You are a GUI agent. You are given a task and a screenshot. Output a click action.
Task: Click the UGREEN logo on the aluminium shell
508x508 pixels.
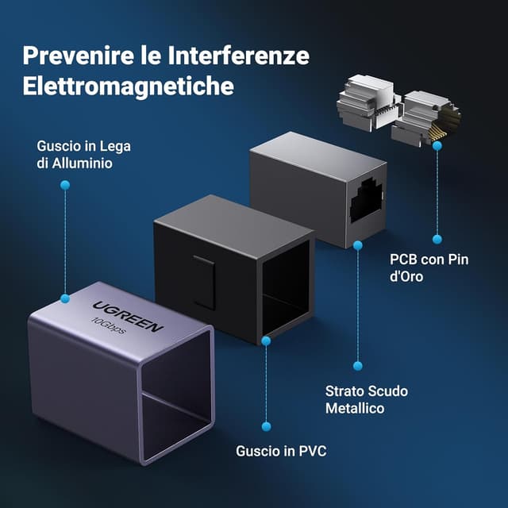coord(129,316)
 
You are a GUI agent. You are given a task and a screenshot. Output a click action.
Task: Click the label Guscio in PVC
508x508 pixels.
coord(281,451)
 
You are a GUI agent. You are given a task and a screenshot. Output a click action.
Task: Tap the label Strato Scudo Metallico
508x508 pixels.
coord(355,400)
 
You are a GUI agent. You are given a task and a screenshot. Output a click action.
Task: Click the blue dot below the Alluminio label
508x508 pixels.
coord(65,185)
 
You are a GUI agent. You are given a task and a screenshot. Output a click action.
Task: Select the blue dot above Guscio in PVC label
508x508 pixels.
coord(266,425)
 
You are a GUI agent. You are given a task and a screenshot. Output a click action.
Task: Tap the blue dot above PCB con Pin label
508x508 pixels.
coord(437,238)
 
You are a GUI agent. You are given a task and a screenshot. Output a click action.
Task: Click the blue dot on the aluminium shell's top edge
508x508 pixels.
coord(65,300)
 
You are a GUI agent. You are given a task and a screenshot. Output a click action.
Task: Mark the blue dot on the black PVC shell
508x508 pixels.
coord(266,340)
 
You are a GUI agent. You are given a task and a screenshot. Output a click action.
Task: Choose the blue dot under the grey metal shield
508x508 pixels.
coord(357,245)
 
